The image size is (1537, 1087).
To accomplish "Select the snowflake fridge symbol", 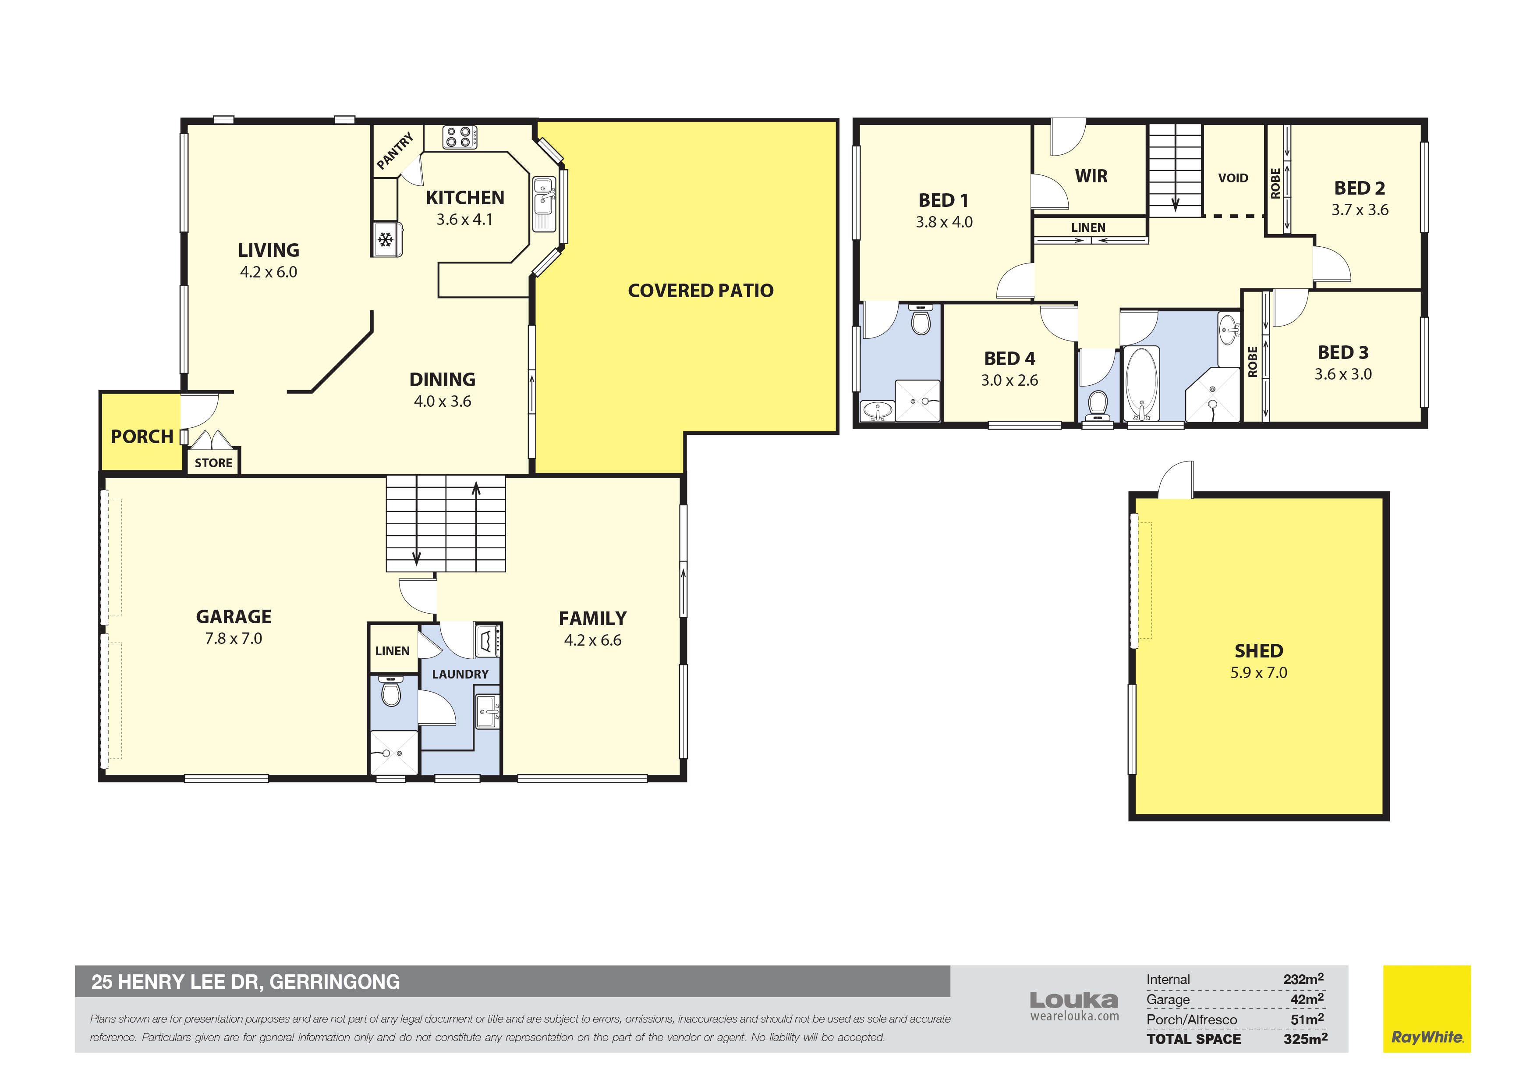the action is (x=385, y=240).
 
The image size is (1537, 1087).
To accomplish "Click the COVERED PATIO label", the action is (x=700, y=291).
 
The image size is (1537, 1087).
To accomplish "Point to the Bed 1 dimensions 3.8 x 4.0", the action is (x=944, y=222).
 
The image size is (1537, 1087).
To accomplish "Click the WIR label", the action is (x=1091, y=176).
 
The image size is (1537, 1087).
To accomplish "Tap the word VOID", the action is (x=1233, y=178).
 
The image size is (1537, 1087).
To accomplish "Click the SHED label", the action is (x=1258, y=651).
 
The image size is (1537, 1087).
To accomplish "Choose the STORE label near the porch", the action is (x=213, y=463).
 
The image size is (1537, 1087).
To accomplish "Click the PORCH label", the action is (x=142, y=437).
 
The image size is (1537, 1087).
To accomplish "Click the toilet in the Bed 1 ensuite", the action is (x=922, y=320).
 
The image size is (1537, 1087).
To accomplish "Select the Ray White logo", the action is (x=1427, y=1009).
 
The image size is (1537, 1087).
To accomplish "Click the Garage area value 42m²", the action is (x=1307, y=999).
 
